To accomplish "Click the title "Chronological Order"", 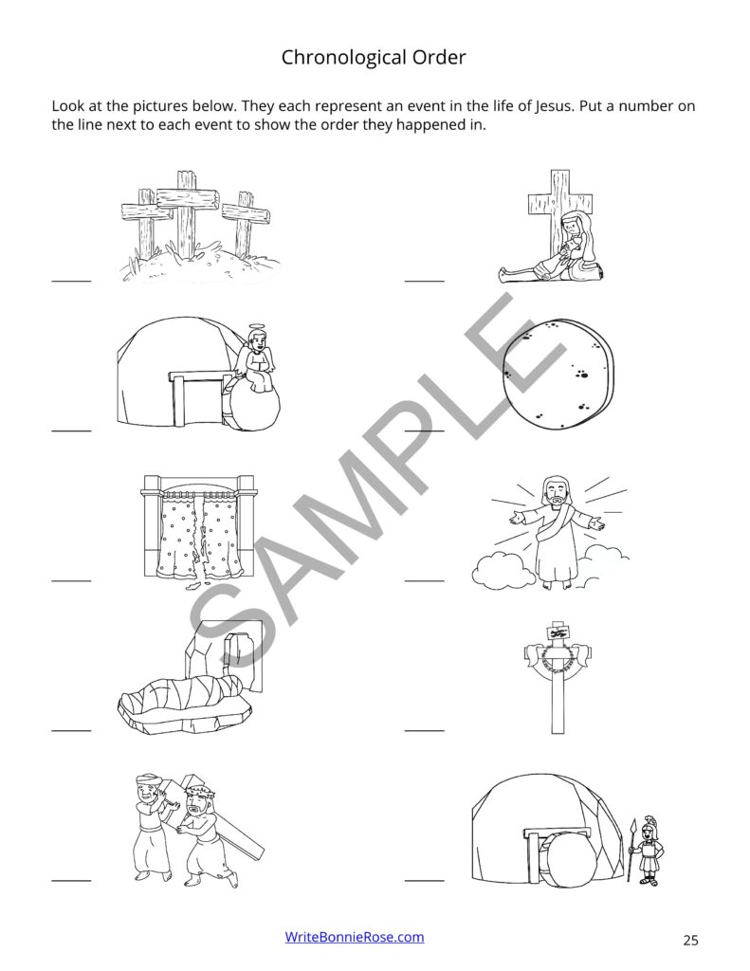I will point(374,58).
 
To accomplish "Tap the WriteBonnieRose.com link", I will point(355,937).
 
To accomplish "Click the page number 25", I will point(689,940).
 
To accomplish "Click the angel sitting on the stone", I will point(254,359).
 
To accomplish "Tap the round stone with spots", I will point(560,380).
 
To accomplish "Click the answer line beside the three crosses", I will point(71,281).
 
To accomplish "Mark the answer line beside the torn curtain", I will point(71,578).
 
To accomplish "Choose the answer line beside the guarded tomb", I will point(424,880).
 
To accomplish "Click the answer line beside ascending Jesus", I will point(424,578).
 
